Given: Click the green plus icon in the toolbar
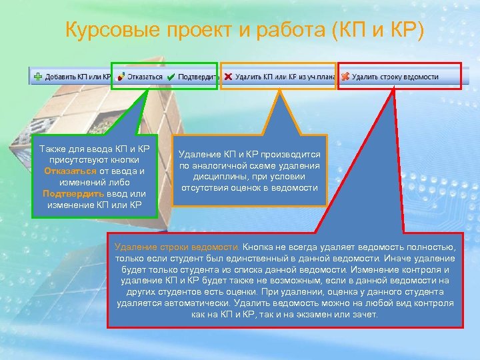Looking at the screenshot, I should pyautogui.click(x=38, y=77).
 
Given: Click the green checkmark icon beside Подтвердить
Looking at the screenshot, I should pyautogui.click(x=171, y=77).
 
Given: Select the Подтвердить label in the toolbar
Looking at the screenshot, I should pyautogui.click(x=197, y=77).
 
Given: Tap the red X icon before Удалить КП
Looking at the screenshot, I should pyautogui.click(x=229, y=77).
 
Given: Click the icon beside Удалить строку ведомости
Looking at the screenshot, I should pyautogui.click(x=345, y=77).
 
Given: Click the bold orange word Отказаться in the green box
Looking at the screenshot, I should pyautogui.click(x=66, y=171).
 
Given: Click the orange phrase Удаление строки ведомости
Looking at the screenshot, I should pyautogui.click(x=177, y=247).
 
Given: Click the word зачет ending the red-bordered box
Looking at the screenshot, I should pyautogui.click(x=365, y=314).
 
